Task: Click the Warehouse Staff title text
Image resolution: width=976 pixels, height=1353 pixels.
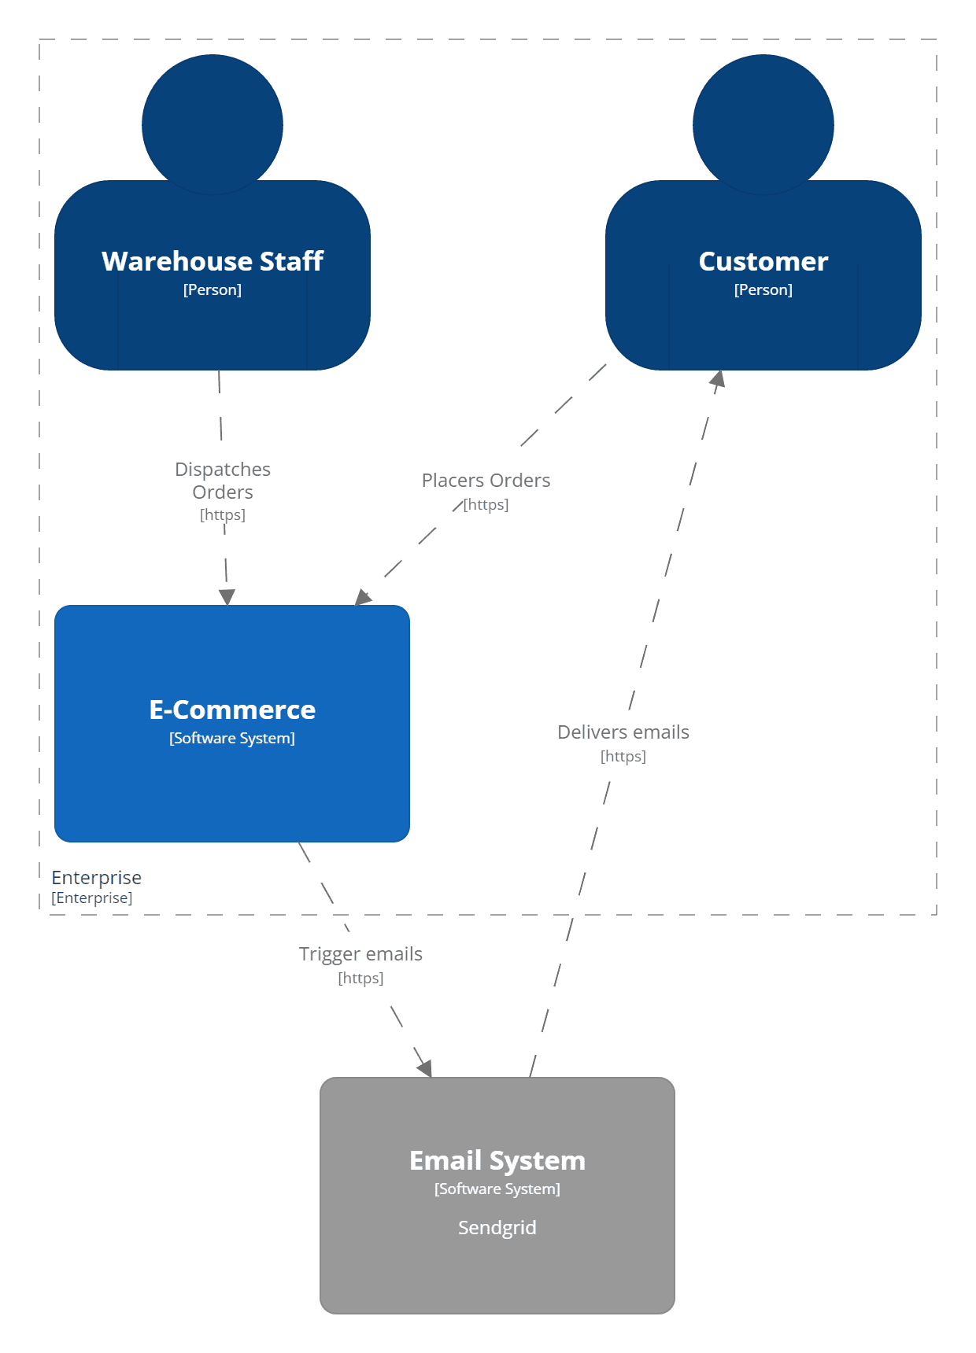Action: [x=213, y=261]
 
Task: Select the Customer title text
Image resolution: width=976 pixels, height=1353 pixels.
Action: [x=763, y=261]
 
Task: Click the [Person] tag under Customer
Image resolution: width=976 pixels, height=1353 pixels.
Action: [x=763, y=289]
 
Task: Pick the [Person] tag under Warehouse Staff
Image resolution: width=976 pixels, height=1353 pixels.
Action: [x=213, y=289]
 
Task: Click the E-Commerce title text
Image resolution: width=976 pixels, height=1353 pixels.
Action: [x=232, y=710]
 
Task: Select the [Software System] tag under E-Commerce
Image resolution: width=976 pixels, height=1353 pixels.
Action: [x=232, y=738]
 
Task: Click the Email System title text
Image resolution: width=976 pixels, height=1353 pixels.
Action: [x=497, y=1160]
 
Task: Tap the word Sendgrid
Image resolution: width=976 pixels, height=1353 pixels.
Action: [x=497, y=1227]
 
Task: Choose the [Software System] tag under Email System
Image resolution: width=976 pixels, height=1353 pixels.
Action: [x=497, y=1189]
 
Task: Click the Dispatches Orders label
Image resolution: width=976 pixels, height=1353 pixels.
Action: [x=223, y=481]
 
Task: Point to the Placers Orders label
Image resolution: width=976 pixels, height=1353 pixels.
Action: [x=486, y=480]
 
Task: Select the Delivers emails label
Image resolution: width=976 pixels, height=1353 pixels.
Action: [x=623, y=732]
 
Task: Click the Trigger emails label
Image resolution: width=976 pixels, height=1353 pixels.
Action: [x=360, y=953]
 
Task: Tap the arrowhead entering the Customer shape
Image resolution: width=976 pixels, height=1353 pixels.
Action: [x=718, y=379]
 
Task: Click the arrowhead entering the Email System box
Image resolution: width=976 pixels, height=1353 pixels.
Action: [x=425, y=1068]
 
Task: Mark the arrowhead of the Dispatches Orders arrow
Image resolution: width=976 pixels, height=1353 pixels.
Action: [x=227, y=597]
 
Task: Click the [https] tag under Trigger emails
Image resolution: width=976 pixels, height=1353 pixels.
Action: [x=360, y=978]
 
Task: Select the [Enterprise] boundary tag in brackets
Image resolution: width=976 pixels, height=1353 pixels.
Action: [x=91, y=898]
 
